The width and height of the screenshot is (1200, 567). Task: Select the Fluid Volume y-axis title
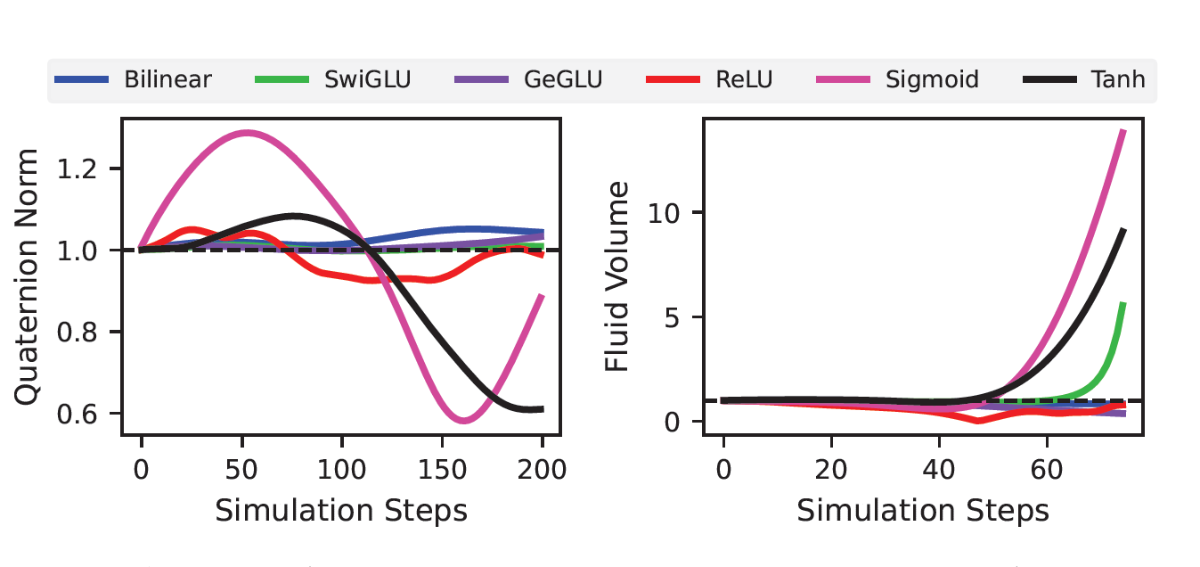point(617,277)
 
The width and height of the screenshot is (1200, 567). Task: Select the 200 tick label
point(543,469)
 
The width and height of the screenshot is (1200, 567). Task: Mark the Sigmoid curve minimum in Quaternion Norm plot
point(462,420)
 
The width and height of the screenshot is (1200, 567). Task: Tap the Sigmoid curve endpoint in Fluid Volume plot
point(1122,132)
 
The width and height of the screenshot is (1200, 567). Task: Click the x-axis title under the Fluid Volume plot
point(922,511)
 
